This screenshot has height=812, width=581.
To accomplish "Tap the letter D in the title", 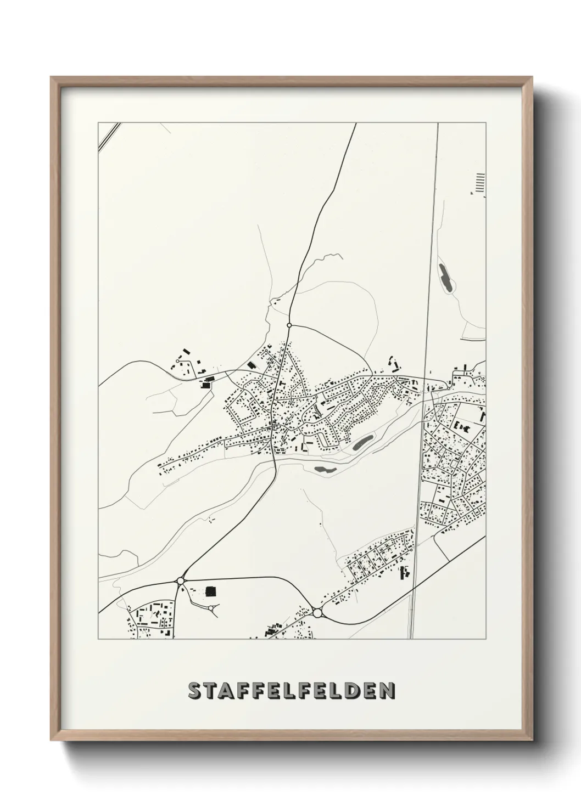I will (360, 691).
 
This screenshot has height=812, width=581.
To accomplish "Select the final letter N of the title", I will (387, 691).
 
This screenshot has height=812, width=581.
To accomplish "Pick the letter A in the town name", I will (228, 691).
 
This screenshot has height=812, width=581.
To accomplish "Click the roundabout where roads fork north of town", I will (289, 325).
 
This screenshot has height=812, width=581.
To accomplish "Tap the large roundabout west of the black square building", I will (180, 580).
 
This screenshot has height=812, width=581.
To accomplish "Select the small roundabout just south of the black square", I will (211, 608).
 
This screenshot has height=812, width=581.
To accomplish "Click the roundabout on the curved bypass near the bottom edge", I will (317, 612).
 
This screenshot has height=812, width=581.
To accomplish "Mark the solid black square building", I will (210, 591).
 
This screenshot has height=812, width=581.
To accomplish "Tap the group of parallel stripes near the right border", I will (481, 183).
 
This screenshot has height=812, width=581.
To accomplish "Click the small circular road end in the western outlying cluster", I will (177, 361).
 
